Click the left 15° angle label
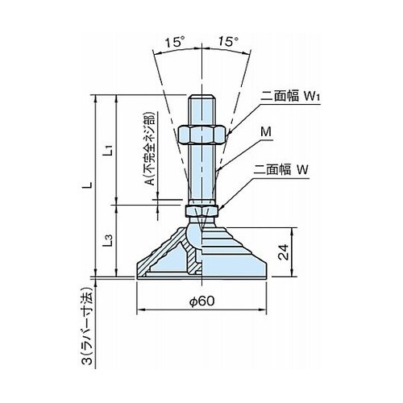coord(175,42)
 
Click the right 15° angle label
coord(228,42)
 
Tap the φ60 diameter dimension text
coord(202,301)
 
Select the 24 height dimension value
coord(284,252)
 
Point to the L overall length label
coord(89,185)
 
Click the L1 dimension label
coord(108,150)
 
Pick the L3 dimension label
coord(108,241)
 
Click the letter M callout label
coord(266,132)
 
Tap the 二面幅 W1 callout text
coord(290,96)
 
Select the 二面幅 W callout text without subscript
coord(281,170)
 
